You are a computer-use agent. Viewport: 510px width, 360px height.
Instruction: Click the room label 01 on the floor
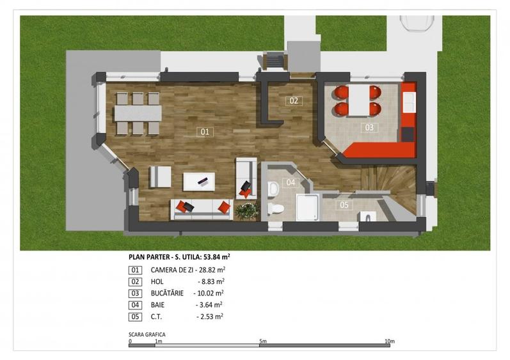tap(205, 132)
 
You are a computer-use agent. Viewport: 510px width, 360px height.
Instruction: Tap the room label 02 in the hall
tap(294, 101)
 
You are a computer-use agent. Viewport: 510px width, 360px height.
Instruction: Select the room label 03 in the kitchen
tap(369, 128)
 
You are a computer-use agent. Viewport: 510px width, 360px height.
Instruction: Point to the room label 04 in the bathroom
tap(291, 183)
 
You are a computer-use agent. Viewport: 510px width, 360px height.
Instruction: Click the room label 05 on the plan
tap(344, 205)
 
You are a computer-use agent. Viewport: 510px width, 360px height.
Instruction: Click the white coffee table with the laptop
tap(199, 182)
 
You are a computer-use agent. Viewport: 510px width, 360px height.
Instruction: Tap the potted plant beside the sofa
tap(247, 210)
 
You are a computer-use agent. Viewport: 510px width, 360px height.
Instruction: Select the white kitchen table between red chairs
tap(359, 100)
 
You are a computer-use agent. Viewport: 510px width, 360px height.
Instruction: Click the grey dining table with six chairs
tap(138, 113)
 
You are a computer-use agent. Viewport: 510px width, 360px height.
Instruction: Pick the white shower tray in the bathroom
tap(307, 207)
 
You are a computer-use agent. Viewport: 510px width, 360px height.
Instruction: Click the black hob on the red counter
tap(408, 134)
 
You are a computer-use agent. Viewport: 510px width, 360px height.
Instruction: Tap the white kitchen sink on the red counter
tap(409, 102)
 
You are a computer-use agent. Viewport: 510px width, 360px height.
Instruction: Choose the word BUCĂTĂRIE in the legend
tap(167, 293)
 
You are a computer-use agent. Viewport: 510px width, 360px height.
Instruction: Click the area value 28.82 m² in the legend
tap(212, 270)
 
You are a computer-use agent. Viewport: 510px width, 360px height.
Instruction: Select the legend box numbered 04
tap(135, 305)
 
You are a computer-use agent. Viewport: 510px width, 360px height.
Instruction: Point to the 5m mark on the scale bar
tap(260, 345)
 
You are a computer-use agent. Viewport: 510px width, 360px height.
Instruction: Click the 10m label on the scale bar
tap(390, 341)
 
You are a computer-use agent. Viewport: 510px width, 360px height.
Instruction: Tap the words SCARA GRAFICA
tap(147, 334)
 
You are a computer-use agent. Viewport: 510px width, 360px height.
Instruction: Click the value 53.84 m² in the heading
tap(217, 257)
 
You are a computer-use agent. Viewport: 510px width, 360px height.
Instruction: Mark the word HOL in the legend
tap(157, 282)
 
